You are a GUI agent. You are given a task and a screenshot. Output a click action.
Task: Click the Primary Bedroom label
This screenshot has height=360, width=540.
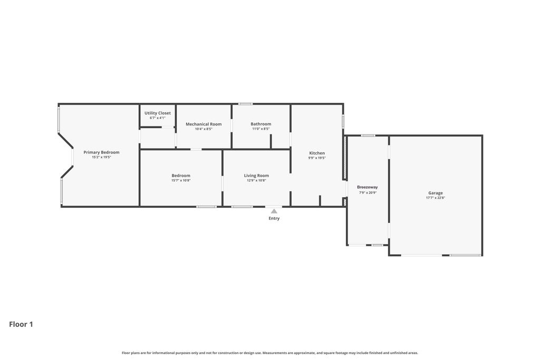click(x=101, y=152)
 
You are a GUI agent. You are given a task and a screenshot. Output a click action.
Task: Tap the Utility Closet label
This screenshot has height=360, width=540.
click(x=157, y=113)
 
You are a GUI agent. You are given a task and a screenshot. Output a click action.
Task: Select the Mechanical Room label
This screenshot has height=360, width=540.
click(x=204, y=124)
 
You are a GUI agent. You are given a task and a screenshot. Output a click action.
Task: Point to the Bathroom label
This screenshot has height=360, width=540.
click(x=261, y=124)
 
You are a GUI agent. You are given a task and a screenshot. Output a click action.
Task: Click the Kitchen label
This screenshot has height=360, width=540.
click(x=317, y=153)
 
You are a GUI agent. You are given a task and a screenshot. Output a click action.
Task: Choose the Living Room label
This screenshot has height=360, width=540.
click(x=256, y=176)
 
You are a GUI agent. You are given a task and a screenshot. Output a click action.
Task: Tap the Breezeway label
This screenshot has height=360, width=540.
click(x=368, y=187)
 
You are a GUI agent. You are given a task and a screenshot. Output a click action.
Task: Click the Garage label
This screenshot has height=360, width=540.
click(x=435, y=193)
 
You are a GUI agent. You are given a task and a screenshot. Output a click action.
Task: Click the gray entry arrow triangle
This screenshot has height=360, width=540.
click(x=274, y=211)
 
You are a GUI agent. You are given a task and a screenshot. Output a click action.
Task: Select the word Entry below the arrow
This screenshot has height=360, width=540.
click(x=274, y=218)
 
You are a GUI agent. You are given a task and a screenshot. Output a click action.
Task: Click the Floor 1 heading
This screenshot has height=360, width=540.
click(x=21, y=324)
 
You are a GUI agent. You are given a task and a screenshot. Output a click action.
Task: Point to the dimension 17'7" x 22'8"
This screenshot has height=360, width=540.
click(x=435, y=198)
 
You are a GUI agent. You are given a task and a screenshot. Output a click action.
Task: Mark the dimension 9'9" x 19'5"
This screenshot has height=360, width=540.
click(x=317, y=158)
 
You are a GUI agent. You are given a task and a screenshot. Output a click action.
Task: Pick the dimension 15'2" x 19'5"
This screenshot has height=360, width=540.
click(x=101, y=157)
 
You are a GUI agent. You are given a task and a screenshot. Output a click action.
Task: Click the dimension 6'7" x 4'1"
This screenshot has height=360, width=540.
click(x=157, y=118)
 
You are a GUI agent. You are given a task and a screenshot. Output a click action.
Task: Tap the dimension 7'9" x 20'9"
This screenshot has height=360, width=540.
click(x=368, y=193)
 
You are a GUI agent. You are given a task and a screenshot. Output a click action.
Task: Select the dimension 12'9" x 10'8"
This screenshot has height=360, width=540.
click(x=256, y=180)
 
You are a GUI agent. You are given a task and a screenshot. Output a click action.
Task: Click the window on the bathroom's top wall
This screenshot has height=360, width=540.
click(x=246, y=104)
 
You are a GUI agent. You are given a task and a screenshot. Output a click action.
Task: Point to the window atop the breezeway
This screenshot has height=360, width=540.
click(x=368, y=135)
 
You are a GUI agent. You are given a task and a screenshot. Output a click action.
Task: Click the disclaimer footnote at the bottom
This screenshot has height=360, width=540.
click(x=269, y=353)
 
